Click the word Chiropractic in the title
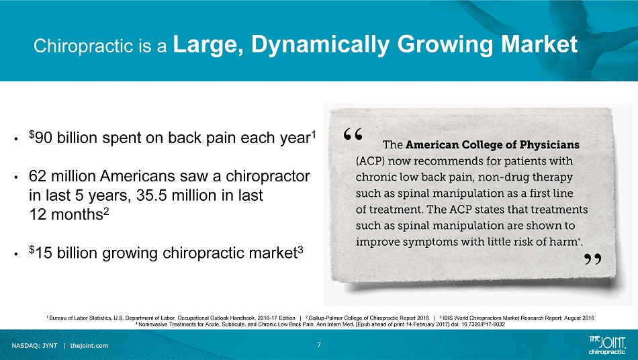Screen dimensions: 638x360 [x=83, y=46]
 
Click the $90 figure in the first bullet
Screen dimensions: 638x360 [x=40, y=138]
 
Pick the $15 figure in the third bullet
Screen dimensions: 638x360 [x=40, y=253]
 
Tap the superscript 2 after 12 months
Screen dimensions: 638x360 [x=106, y=210]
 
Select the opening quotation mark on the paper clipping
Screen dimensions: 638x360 [x=353, y=134]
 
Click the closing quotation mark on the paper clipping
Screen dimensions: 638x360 [x=593, y=259]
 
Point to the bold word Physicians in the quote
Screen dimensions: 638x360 [x=551, y=145]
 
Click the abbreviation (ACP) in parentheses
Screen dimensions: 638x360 [x=370, y=161]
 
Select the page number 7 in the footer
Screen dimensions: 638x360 [x=319, y=345]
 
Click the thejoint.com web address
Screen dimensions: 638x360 [x=89, y=346]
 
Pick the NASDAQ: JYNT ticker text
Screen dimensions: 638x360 [x=34, y=346]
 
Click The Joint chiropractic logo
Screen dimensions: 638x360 [x=607, y=344]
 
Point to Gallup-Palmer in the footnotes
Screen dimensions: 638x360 [x=324, y=318]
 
